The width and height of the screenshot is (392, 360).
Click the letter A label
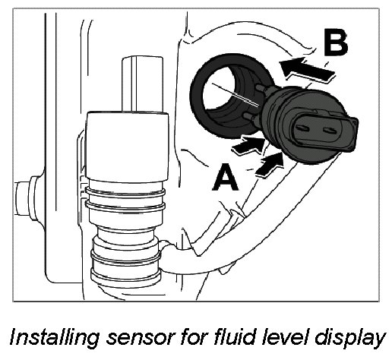point(225,177)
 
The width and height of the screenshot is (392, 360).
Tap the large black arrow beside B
point(308,69)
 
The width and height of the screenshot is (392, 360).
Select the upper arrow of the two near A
point(249,144)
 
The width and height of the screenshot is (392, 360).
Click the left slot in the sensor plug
point(302,128)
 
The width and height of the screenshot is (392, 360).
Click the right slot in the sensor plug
point(329,131)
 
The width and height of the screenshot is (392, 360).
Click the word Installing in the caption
point(54,338)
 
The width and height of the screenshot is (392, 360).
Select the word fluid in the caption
point(235,337)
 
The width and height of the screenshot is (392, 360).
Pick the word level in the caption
point(285,337)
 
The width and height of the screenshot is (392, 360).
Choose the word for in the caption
point(194,337)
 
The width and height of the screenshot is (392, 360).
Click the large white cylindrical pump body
point(127,146)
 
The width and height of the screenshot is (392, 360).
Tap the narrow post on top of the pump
point(142,84)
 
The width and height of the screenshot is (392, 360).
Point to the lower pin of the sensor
point(250,117)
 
